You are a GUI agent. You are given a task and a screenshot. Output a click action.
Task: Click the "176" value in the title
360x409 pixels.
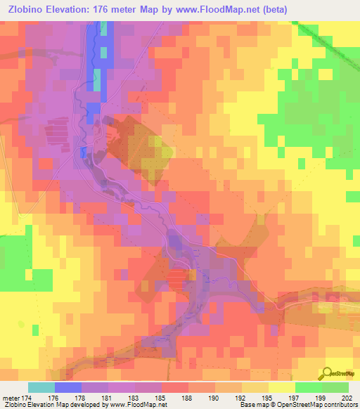(120, 9)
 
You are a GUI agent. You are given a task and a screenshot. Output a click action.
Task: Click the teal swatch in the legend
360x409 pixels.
(41, 387)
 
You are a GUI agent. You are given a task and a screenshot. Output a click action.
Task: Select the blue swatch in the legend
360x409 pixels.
(68, 387)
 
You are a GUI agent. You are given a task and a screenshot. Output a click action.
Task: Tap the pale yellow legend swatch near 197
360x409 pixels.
(282, 387)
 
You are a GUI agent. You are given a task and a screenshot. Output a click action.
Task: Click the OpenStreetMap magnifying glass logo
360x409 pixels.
(328, 374)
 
